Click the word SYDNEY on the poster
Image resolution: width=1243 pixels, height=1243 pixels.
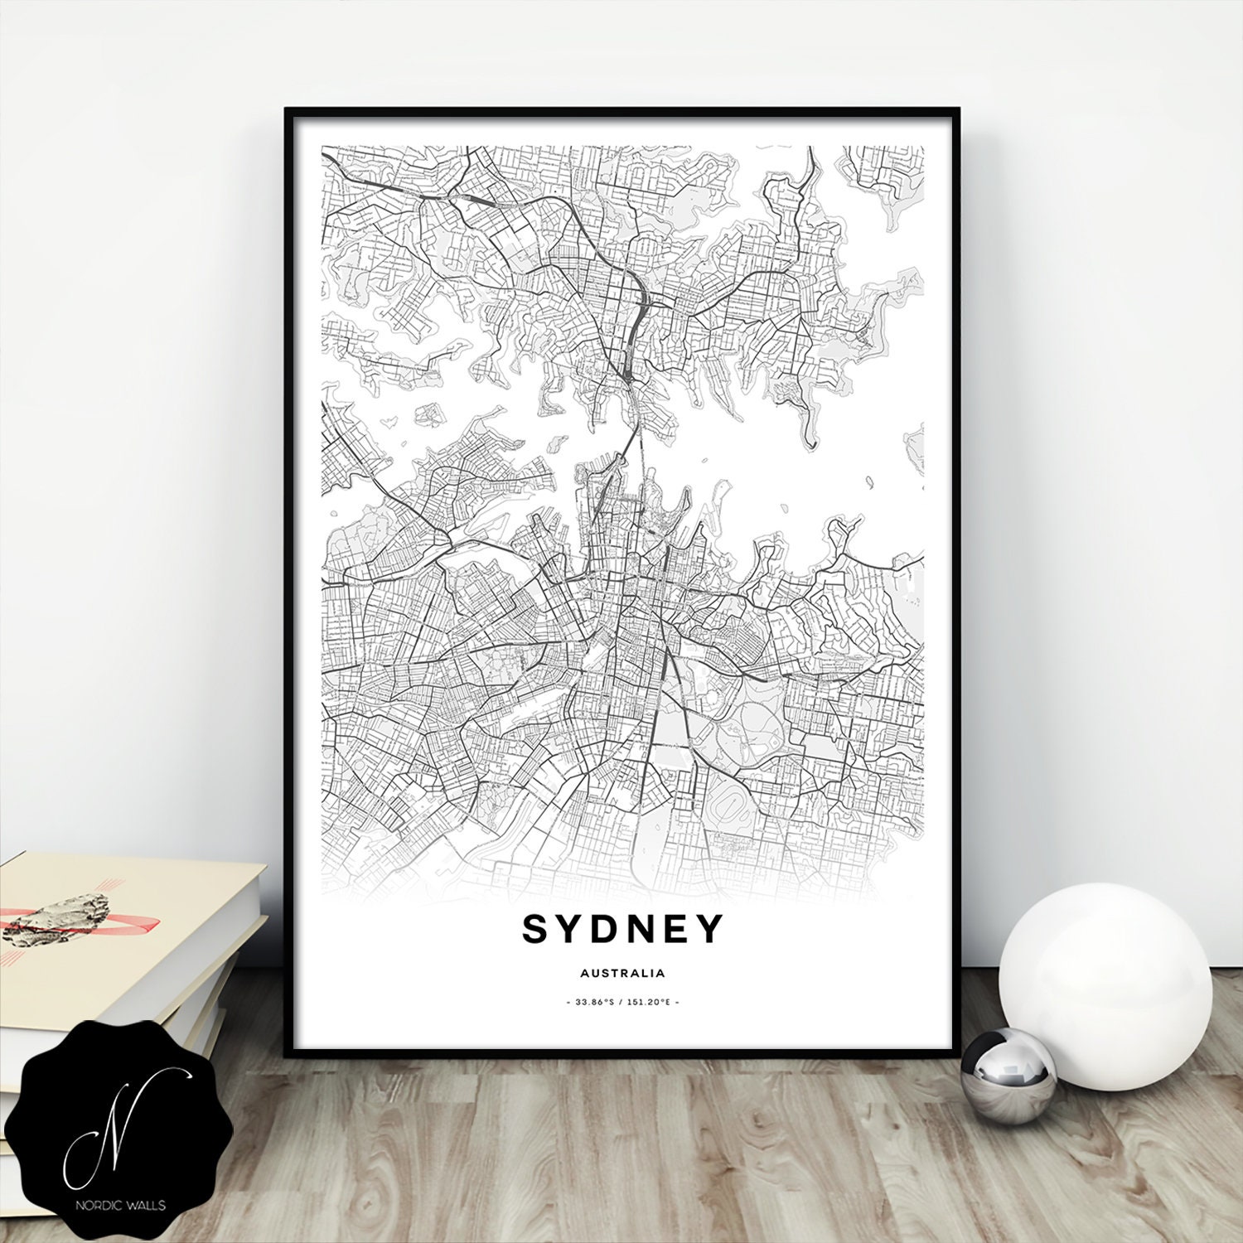click(x=622, y=929)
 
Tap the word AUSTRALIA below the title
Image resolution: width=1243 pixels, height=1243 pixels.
click(x=622, y=973)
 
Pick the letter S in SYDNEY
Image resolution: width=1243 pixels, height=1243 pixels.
click(x=535, y=929)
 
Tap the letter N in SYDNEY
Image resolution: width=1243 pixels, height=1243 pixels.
click(x=640, y=929)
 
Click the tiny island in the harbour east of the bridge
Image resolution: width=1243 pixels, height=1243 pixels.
click(x=869, y=480)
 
